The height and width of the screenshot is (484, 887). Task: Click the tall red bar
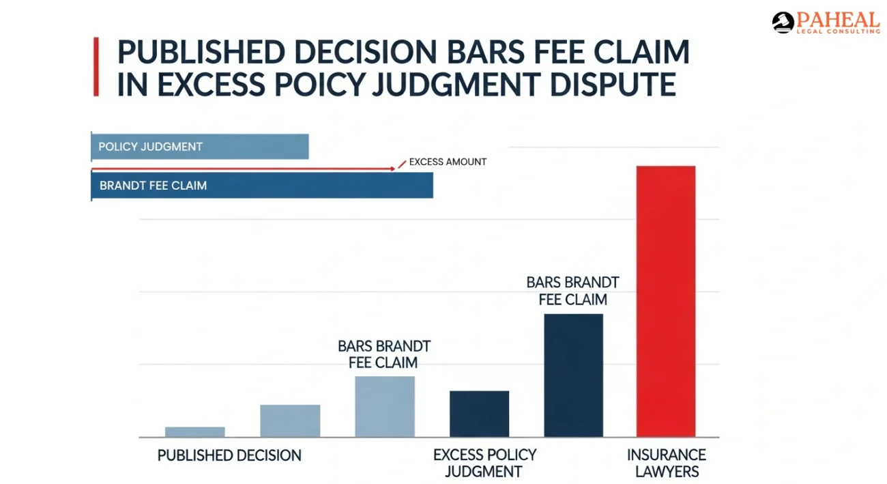click(x=665, y=301)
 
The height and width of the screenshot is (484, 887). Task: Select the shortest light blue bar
click(x=194, y=431)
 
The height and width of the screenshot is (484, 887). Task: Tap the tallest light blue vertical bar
click(x=384, y=406)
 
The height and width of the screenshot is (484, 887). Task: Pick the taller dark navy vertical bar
click(x=573, y=375)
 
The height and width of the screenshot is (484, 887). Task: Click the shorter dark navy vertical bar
click(x=479, y=414)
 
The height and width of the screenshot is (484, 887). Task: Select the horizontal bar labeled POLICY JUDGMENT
click(x=200, y=147)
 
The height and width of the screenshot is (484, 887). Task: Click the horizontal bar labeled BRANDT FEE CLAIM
click(x=262, y=185)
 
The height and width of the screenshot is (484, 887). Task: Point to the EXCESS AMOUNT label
click(x=448, y=162)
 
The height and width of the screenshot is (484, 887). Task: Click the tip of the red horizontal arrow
click(x=394, y=168)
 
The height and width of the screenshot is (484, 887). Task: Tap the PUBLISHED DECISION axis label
click(x=229, y=455)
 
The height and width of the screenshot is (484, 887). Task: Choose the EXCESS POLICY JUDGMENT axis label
click(x=484, y=463)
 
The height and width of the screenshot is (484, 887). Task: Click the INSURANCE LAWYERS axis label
click(x=666, y=463)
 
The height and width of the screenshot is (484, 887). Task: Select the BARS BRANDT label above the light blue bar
click(x=383, y=354)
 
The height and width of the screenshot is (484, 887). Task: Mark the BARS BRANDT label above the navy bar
click(x=572, y=290)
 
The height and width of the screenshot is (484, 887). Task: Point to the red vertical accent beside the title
click(x=96, y=66)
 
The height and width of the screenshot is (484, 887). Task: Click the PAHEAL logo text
click(x=837, y=20)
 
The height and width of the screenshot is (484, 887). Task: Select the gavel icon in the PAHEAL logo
click(x=783, y=23)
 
